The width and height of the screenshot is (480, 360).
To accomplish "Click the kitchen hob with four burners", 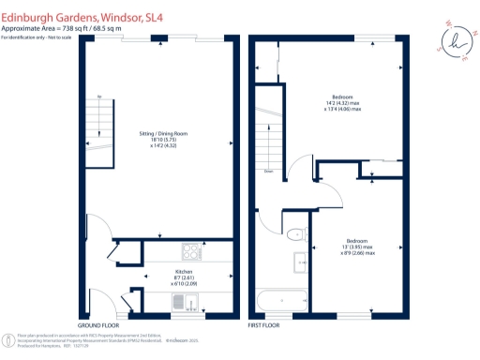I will pos(190,251).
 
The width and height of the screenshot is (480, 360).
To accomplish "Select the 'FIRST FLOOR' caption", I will pos(265,324).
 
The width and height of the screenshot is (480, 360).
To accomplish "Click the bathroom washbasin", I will pos(300,260).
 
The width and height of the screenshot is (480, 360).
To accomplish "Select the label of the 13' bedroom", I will pos(357,239).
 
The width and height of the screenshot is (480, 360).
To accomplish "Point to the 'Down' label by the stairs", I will pos(268,171).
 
